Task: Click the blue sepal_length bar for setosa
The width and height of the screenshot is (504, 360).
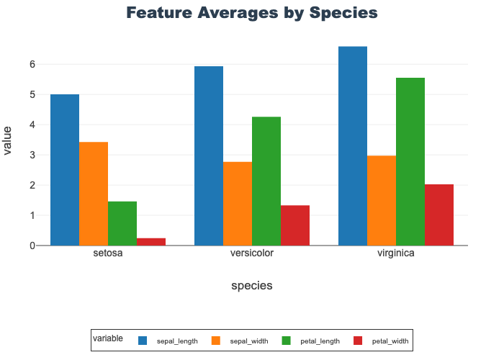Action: click(65, 170)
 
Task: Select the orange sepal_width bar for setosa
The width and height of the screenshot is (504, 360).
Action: click(94, 194)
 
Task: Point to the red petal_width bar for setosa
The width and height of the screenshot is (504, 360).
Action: click(151, 242)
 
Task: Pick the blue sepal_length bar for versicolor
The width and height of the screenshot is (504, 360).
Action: click(209, 156)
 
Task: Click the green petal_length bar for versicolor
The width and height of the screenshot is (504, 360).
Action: click(266, 181)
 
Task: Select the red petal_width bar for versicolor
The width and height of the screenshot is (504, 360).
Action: click(295, 225)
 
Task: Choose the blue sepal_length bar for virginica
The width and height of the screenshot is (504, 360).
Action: click(353, 146)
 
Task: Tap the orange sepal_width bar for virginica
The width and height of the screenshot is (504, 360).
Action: click(382, 200)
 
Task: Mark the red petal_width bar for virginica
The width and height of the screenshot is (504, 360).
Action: click(439, 215)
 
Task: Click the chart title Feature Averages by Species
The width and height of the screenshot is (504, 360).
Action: click(252, 13)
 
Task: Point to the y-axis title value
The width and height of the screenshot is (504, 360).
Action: click(8, 140)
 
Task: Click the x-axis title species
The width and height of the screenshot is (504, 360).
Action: click(252, 286)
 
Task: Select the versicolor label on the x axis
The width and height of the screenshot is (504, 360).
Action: click(252, 254)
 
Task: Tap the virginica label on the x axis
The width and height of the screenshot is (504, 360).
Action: click(396, 254)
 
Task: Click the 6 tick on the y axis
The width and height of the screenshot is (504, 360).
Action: click(32, 64)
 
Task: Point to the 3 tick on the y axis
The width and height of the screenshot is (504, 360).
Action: click(32, 155)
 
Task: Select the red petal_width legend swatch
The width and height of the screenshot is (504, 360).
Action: click(359, 340)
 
